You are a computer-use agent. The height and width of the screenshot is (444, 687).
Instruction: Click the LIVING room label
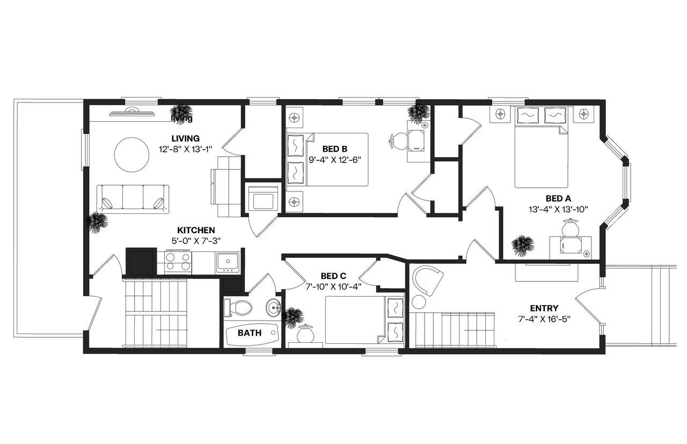(x=185, y=138)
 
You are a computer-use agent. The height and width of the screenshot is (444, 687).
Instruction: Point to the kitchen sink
(x=228, y=263)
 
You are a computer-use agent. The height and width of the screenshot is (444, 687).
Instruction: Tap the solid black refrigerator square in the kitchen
(x=141, y=261)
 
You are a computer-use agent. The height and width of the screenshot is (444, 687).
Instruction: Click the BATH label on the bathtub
(x=250, y=333)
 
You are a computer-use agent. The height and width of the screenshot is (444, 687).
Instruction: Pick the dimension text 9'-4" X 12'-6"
(x=328, y=159)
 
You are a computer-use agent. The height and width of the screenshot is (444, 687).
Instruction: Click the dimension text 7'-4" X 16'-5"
(x=544, y=319)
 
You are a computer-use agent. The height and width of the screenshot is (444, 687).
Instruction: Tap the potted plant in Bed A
(x=522, y=246)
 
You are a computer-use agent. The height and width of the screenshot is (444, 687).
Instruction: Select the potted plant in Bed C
(x=293, y=317)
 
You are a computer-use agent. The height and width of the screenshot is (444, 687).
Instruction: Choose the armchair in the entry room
(x=427, y=279)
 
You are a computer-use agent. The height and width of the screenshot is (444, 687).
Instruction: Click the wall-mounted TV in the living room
(x=131, y=112)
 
